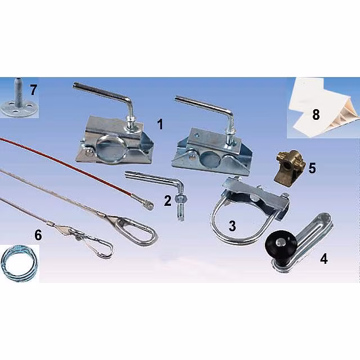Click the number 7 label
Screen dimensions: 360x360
tap(33, 90)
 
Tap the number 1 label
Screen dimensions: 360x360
tap(160, 124)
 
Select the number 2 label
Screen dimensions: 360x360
tap(168, 200)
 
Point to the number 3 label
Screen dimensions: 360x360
tap(232, 226)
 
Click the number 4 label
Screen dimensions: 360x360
tap(324, 259)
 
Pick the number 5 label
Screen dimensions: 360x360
tap(312, 168)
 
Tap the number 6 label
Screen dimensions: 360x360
tap(38, 235)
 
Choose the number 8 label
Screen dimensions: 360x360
tap(316, 114)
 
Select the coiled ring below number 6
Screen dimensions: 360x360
tap(18, 262)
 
